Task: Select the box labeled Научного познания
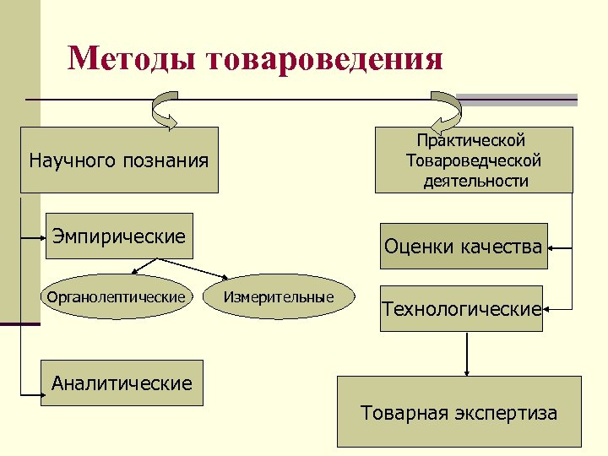coord(119,160)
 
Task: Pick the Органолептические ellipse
coord(116,297)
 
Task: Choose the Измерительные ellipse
coord(279,297)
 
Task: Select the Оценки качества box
coord(463,247)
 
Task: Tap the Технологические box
coord(461,309)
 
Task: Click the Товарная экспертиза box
coord(459,413)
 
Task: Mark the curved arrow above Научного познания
coord(164,112)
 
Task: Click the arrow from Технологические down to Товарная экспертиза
coord(465,353)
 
